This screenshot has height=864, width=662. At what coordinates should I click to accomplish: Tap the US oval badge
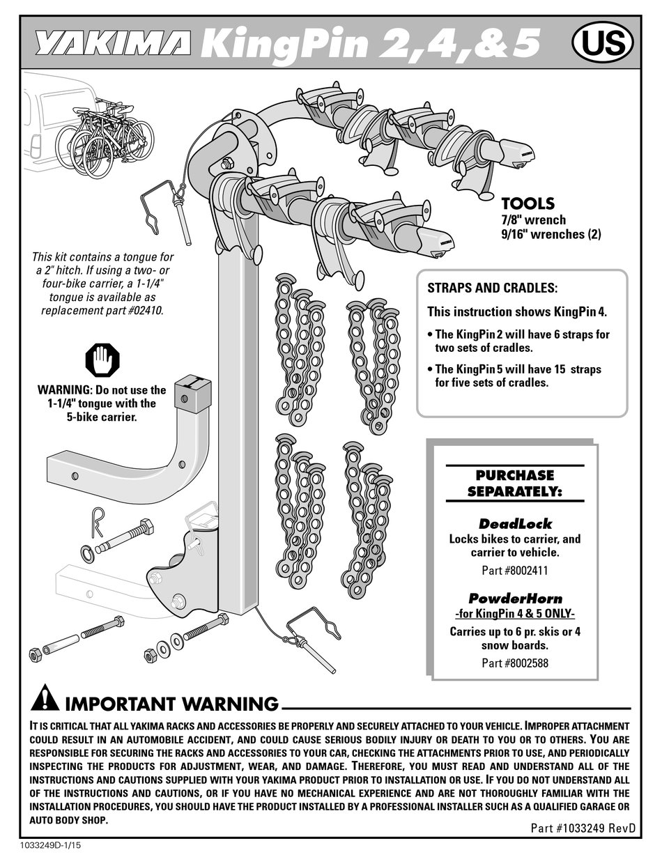coord(602,44)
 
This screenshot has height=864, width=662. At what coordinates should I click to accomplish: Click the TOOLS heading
coord(528,203)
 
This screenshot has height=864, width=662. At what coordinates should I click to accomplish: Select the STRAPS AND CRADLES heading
coord(492,288)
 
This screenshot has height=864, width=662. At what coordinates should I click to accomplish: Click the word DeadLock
coord(515,523)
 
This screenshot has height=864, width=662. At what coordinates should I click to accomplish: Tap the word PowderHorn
coord(515,598)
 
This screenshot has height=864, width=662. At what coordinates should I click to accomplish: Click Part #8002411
coord(515,570)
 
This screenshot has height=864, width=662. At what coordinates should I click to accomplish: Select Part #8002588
coord(515,663)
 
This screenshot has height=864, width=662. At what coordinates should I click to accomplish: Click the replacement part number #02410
coord(143,311)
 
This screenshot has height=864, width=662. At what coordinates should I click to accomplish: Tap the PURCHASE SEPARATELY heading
coord(515,483)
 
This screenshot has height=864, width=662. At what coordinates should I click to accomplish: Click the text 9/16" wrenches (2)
coord(551,235)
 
